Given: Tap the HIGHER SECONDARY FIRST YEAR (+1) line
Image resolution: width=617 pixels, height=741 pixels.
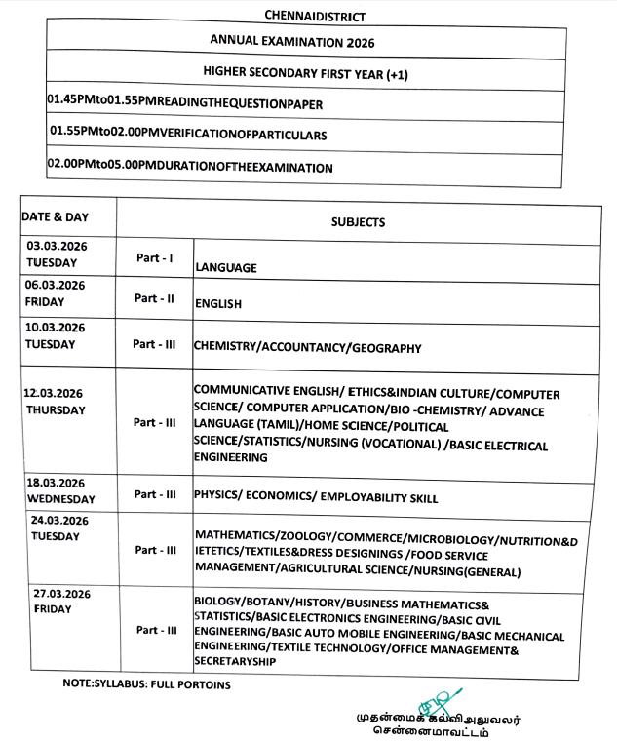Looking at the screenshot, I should [x=306, y=73].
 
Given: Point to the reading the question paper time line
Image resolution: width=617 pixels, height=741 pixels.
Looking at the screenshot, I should [x=184, y=102].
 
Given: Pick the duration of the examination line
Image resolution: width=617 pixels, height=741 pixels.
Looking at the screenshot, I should [x=190, y=167].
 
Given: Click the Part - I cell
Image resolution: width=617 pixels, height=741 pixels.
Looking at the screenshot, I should [x=154, y=259].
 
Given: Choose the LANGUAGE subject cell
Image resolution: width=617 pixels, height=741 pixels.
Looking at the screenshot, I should [x=226, y=266].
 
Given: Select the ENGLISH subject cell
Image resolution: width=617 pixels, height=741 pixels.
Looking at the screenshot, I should [x=218, y=303].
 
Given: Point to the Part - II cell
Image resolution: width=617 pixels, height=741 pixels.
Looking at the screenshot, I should [x=154, y=298].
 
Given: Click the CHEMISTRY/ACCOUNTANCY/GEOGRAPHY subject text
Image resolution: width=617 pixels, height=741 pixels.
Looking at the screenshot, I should [x=308, y=347].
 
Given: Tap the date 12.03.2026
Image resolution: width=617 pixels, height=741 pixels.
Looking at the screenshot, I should [x=55, y=393].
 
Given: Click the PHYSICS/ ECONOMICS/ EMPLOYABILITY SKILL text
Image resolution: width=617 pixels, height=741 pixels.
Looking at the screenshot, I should [x=316, y=498].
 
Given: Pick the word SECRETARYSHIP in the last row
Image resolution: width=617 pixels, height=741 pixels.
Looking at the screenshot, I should [x=234, y=660].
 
